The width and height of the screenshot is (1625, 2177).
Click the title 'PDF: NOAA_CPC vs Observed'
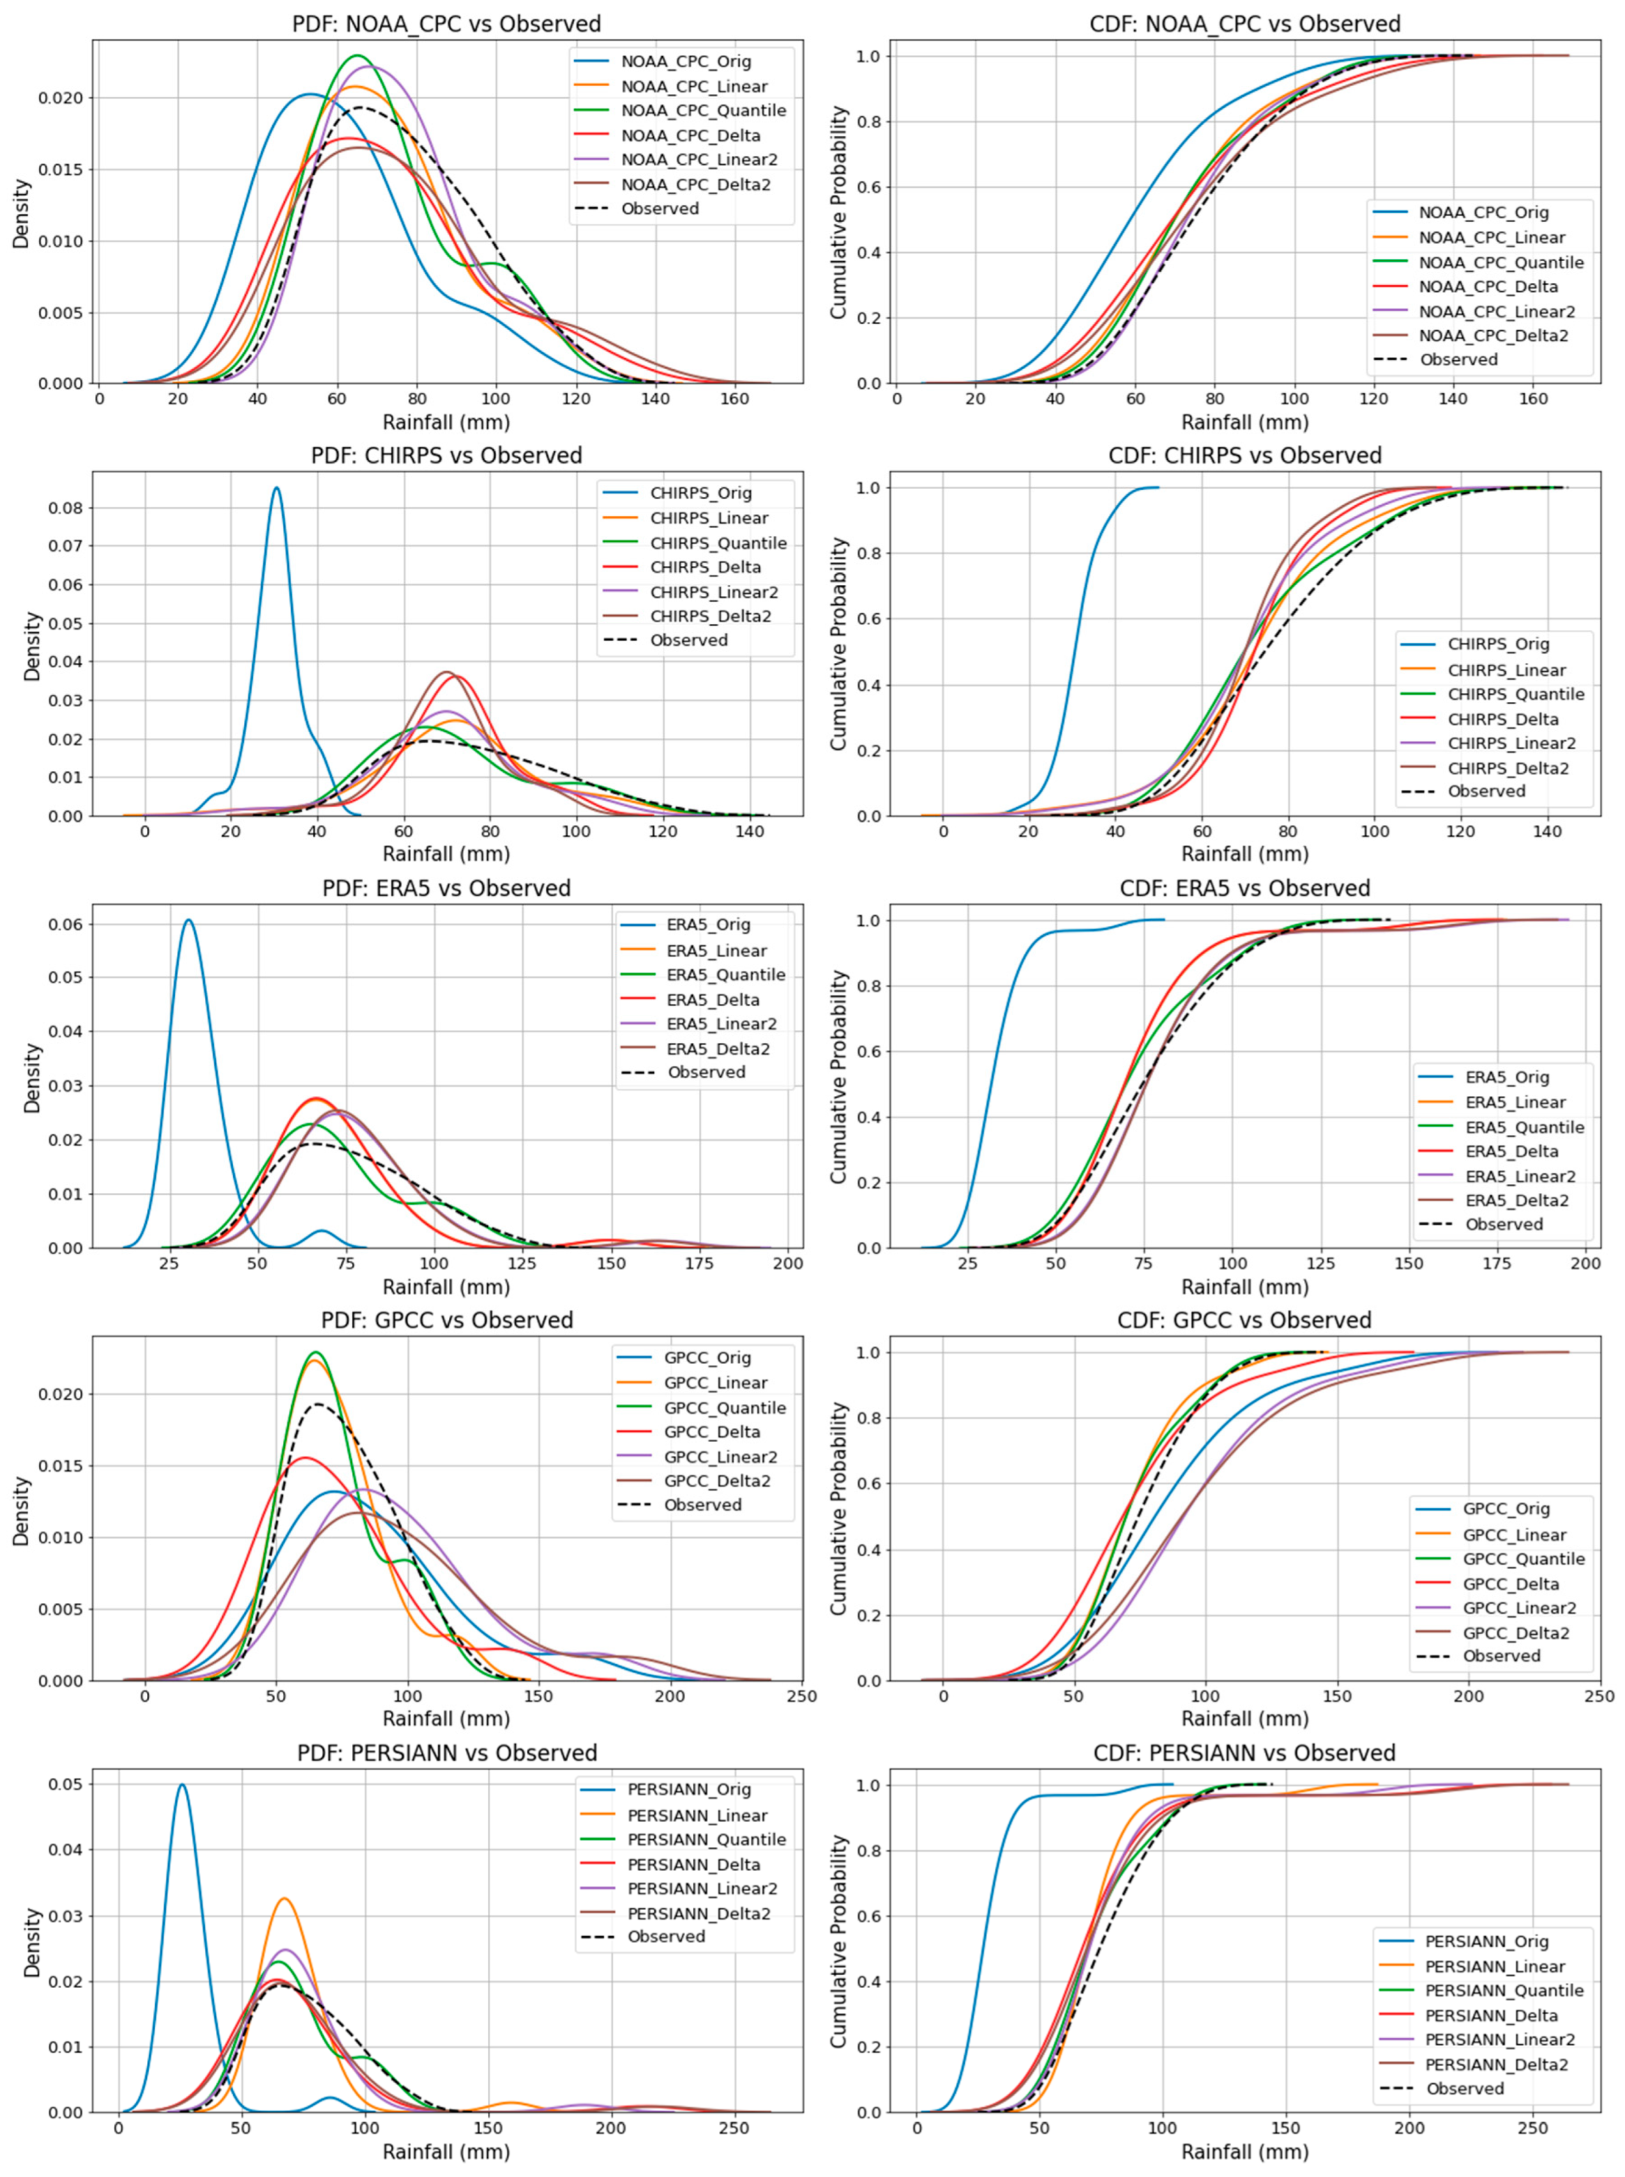click(x=446, y=24)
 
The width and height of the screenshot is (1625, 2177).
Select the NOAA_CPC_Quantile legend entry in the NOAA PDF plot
click(x=703, y=110)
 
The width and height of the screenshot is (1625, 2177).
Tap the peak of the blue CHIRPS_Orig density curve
click(x=277, y=488)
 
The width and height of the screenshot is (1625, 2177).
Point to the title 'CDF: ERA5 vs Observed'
click(x=1244, y=888)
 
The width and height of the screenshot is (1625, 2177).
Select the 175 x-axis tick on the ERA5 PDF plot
click(x=699, y=1263)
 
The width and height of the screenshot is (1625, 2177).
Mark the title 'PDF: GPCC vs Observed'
click(x=446, y=1320)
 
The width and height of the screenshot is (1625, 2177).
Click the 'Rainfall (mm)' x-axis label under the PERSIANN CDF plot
click(x=1244, y=2151)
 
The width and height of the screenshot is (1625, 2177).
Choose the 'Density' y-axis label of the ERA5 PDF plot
click(x=33, y=1077)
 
